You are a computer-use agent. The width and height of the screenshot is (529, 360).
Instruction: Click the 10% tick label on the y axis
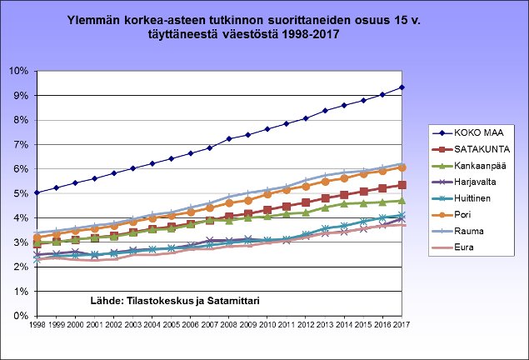tap(18, 71)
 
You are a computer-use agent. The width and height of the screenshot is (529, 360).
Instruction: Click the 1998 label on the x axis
tap(37, 325)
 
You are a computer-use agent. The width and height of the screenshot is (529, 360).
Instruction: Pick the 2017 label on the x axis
tap(402, 325)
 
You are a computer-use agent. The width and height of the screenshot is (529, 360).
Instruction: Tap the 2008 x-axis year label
tap(229, 325)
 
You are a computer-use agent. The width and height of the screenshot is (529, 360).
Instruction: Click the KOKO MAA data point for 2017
tap(402, 87)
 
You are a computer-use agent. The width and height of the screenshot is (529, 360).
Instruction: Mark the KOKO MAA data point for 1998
tap(37, 192)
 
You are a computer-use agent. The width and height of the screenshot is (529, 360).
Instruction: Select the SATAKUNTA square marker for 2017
tap(402, 185)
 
